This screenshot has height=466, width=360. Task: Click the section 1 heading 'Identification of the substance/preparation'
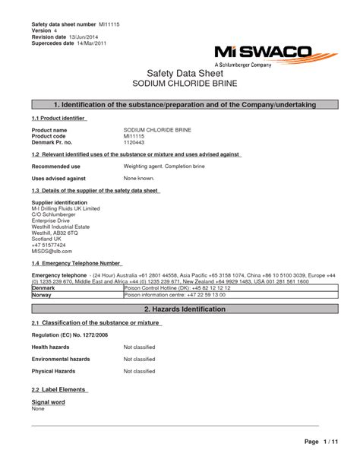[x=180, y=103]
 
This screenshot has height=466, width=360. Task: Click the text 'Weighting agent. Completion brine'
[x=162, y=165]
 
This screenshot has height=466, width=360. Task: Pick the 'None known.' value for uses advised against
[x=138, y=178]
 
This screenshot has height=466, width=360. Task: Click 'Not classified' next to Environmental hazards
[x=139, y=360]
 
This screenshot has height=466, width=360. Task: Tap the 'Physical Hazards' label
[x=52, y=372]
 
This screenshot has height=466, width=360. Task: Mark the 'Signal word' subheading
[x=47, y=401]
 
